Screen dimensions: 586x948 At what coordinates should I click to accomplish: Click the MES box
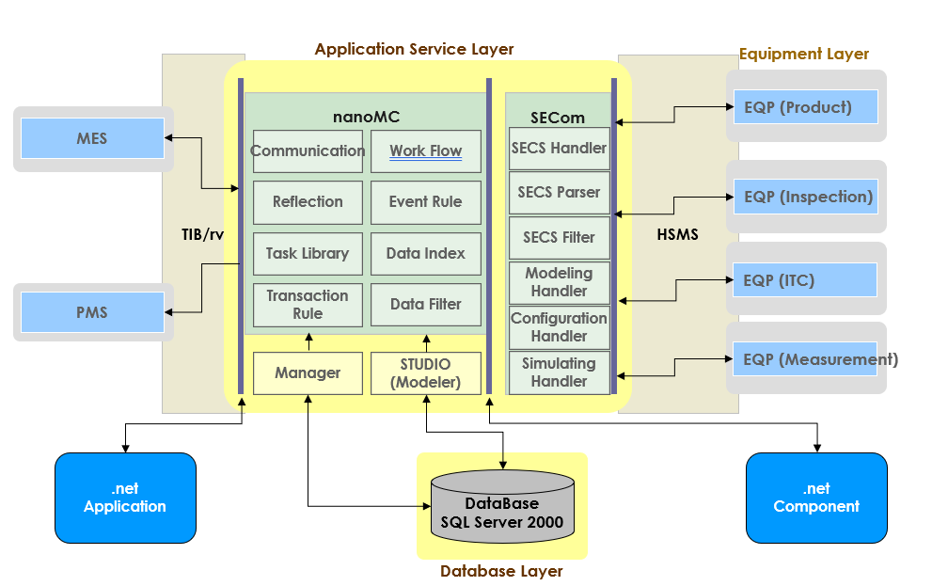coord(91,138)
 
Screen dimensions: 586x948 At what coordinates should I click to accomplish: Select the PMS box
coord(91,312)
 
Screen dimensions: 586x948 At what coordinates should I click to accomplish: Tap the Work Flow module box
coord(425,150)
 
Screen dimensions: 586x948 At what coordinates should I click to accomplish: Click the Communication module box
coord(308,150)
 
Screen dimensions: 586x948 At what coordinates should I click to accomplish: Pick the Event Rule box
coord(425,201)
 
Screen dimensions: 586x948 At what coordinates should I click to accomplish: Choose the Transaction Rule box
coord(308,304)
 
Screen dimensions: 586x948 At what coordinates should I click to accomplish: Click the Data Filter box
coord(425,304)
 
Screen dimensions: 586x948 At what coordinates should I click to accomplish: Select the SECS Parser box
coord(559,193)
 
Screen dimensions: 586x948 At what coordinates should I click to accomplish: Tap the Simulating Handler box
coord(559,372)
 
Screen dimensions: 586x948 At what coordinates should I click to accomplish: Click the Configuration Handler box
coord(559,326)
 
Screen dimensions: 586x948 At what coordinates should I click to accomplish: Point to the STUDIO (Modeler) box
coord(425,372)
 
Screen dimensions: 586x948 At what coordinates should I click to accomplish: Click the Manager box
coord(308,372)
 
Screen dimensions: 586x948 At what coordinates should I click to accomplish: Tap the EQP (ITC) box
coord(805,279)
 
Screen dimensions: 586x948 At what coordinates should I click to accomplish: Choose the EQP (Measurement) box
coord(805,358)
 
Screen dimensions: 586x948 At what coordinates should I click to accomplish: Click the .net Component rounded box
coord(816,498)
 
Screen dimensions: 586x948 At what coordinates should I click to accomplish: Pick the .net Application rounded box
coord(125,498)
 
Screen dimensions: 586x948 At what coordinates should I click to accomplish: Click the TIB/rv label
coord(202,234)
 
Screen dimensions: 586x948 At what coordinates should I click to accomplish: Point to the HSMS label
coord(677,234)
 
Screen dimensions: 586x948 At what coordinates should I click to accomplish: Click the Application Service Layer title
coord(414,49)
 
